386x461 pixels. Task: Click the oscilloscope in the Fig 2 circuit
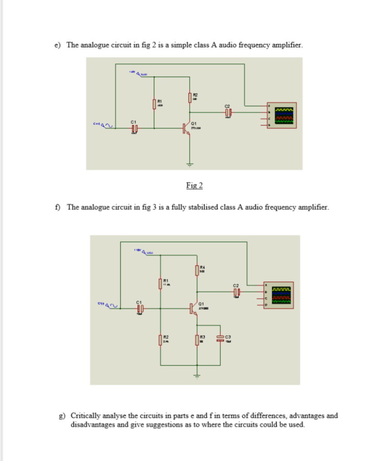(281, 116)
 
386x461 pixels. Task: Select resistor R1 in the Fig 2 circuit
(154, 104)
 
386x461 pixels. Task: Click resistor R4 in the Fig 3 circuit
(196, 270)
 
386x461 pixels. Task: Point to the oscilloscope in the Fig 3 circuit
(280, 294)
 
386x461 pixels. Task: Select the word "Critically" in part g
(87, 415)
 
